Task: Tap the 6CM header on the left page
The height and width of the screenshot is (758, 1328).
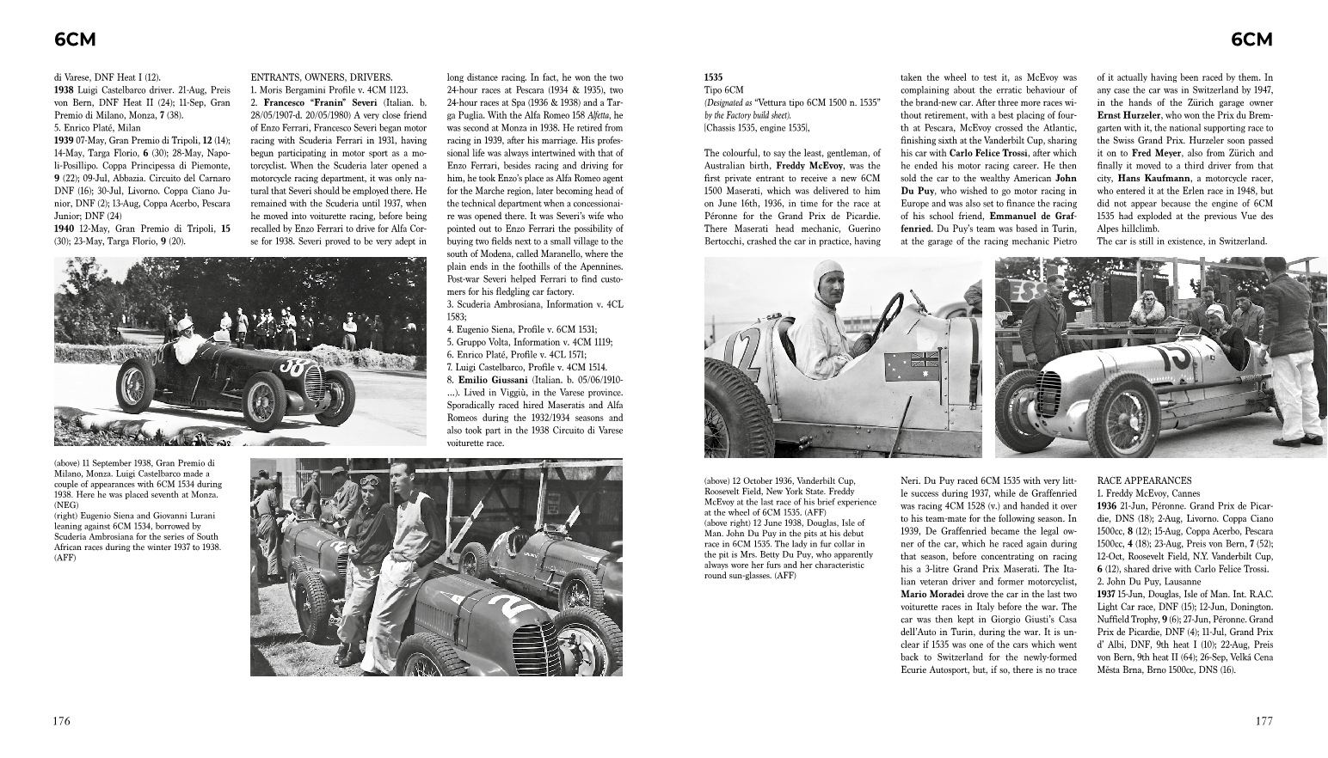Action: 74,40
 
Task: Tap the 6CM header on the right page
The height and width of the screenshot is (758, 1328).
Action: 1251,40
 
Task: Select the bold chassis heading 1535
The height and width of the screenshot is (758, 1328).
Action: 714,77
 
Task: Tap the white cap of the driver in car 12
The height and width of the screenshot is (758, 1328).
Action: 827,278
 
